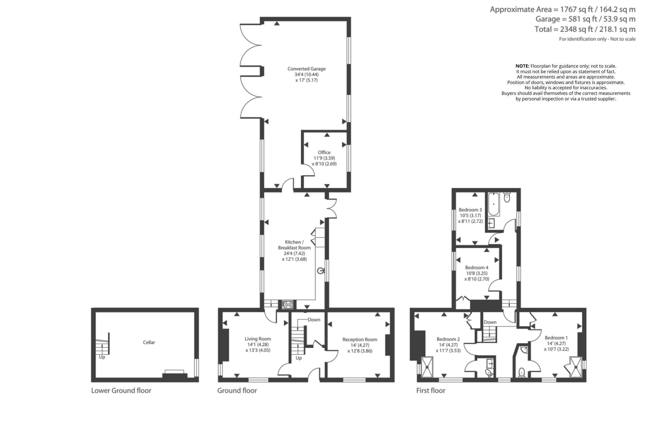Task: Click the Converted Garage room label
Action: click(306, 69)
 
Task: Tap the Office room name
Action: click(324, 152)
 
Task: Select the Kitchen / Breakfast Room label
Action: click(294, 245)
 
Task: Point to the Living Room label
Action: click(258, 339)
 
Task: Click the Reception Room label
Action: click(360, 339)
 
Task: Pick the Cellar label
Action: click(149, 342)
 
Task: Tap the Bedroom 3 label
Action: click(470, 210)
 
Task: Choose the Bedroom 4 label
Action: click(477, 268)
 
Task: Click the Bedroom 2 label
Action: click(448, 339)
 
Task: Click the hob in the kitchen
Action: click(288, 305)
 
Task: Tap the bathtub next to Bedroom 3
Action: click(493, 204)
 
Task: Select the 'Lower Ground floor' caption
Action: click(121, 390)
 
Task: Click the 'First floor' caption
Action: click(431, 390)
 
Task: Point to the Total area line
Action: click(585, 29)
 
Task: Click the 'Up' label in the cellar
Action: click(102, 357)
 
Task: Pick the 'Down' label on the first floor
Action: click(490, 322)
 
